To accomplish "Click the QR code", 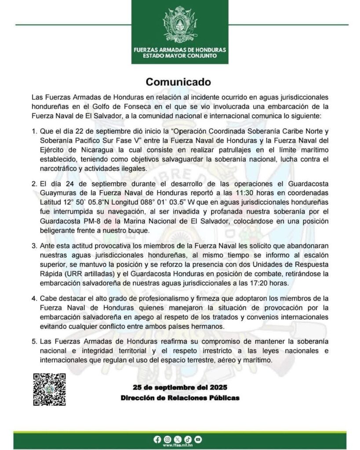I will coord(50,389).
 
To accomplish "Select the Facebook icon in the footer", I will coord(158,439).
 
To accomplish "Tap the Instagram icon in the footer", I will coord(167,439).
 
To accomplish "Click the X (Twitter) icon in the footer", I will coord(178,439).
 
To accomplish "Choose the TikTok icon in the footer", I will coord(188,439).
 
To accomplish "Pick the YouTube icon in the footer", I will coord(198,439).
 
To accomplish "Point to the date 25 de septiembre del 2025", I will coord(180,387).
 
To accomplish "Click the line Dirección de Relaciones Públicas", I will coord(180,398).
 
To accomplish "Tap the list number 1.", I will coord(34,131).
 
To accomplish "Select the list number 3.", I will coord(34,245).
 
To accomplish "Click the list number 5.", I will coord(34,341).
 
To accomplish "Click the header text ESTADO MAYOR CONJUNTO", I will coord(180,56).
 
